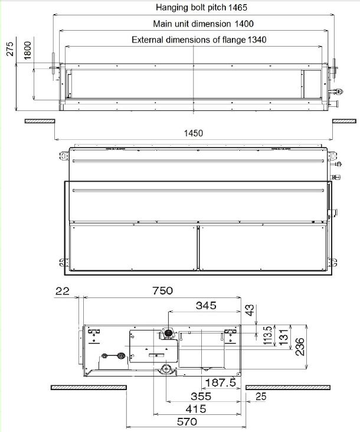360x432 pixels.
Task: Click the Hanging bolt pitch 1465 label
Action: pos(192,8)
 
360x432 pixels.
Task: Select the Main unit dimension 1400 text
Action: pos(194,24)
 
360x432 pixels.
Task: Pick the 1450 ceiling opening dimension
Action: pos(192,133)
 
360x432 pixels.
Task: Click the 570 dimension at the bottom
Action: pos(186,423)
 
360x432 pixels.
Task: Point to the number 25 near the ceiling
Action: pos(260,396)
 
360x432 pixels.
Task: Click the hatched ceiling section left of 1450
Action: pos(39,121)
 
